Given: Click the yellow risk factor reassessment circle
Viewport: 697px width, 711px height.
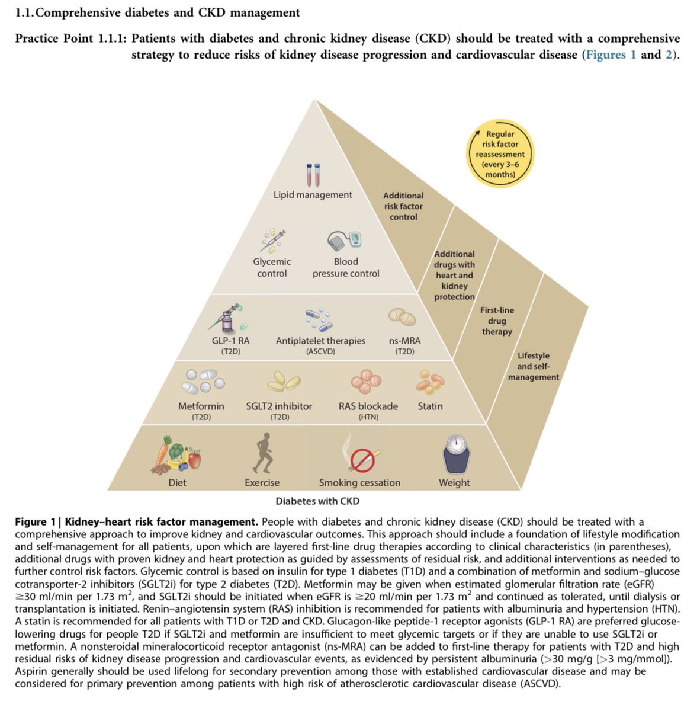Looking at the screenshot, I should tap(500, 153).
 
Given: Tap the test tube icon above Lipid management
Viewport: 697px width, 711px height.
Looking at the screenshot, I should tap(313, 175).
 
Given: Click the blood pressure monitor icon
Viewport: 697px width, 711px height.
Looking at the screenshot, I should tap(345, 241).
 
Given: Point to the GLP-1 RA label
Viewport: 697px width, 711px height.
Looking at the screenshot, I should tap(230, 341).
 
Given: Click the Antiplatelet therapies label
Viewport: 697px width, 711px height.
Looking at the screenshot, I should tap(320, 341).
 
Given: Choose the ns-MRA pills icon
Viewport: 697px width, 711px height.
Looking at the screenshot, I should tap(402, 317).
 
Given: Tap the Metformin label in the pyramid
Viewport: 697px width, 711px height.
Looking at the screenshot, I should tap(201, 406).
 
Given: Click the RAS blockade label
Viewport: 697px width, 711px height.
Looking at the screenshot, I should tap(368, 406).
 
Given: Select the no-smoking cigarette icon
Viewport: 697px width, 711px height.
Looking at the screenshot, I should tap(361, 457).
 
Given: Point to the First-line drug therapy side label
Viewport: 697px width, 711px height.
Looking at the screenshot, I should tap(497, 321).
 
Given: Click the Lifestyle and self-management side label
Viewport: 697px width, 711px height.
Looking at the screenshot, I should tap(533, 366).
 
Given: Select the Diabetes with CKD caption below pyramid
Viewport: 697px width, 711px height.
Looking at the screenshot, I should tap(317, 501).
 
